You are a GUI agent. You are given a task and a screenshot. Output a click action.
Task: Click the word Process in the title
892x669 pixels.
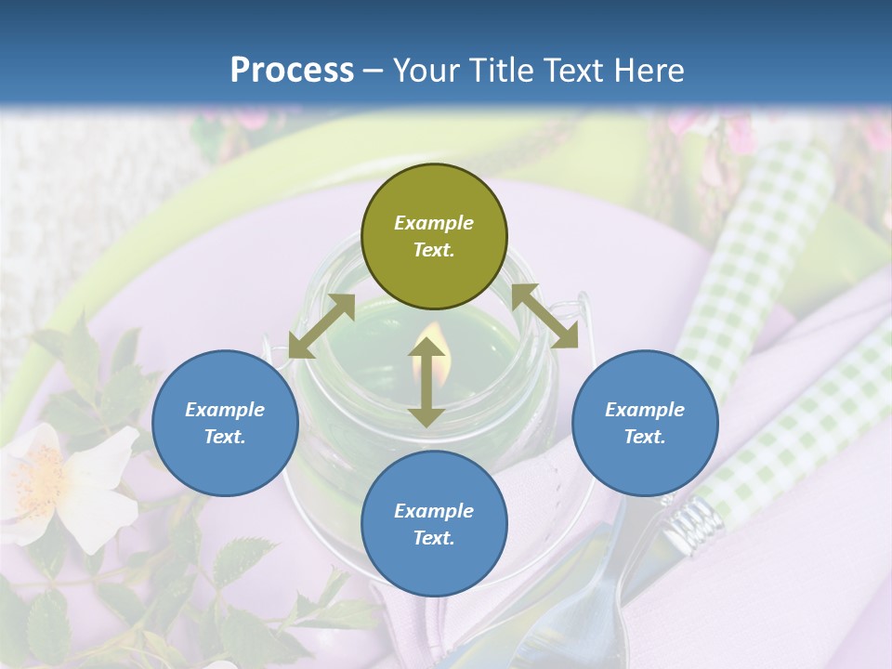click(x=292, y=71)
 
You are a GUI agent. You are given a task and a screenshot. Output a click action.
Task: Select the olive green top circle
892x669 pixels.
click(x=434, y=237)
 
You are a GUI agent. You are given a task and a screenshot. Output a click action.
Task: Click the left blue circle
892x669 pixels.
click(x=225, y=423)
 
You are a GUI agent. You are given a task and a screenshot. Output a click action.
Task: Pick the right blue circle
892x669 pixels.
click(x=645, y=423)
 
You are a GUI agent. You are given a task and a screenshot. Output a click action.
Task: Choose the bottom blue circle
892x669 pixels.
click(x=434, y=524)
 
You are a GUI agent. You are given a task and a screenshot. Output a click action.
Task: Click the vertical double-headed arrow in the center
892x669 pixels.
click(x=426, y=383)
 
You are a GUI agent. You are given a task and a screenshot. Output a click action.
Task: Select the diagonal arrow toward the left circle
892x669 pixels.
click(x=321, y=326)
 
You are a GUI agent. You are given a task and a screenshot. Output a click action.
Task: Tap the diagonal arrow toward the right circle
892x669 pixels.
click(x=545, y=316)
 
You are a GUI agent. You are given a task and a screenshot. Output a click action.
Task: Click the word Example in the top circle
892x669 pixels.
click(x=434, y=223)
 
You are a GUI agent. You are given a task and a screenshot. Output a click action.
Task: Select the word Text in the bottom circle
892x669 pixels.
click(x=434, y=538)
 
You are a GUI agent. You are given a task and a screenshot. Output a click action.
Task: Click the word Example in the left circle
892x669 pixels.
click(x=225, y=410)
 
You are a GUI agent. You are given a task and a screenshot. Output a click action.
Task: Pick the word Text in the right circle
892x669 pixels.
click(x=645, y=437)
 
